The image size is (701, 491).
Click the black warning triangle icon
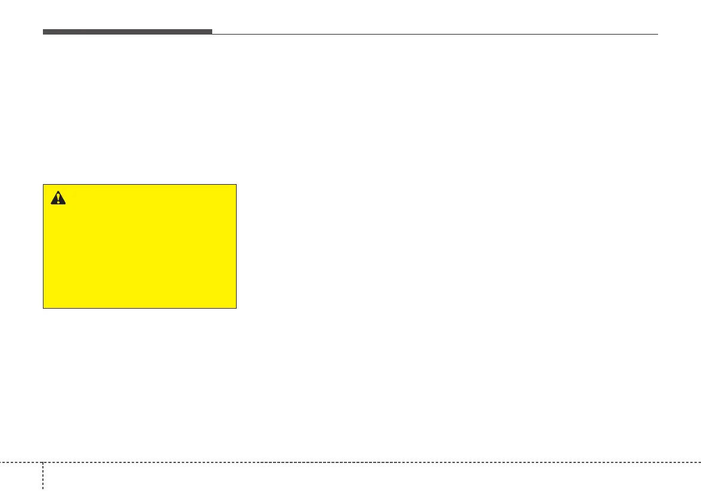[58, 198]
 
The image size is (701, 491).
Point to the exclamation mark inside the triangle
[58, 199]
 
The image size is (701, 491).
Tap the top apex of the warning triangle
[58, 191]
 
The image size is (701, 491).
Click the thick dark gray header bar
[127, 32]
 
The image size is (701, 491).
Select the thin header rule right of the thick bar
[435, 34]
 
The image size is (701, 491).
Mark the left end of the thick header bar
[44, 32]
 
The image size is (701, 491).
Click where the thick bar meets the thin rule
[212, 33]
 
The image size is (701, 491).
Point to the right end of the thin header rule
[657, 34]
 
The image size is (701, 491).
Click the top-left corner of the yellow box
[44, 185]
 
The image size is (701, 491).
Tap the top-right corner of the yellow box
[236, 185]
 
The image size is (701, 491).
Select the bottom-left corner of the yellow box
[44, 307]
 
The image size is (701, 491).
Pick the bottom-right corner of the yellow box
[236, 307]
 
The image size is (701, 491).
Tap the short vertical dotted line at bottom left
[43, 476]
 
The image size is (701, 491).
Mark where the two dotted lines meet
[43, 462]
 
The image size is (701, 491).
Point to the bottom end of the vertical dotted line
[43, 489]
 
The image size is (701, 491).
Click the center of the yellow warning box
[140, 246]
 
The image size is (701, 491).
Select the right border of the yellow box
[236, 246]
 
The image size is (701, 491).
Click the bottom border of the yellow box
[140, 307]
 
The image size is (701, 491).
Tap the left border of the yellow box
[44, 246]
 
